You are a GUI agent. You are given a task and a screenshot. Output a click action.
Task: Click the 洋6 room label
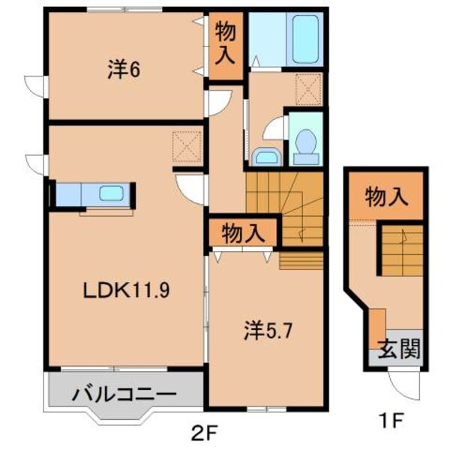[124, 70]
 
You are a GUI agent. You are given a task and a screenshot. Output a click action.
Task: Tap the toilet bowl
[305, 142]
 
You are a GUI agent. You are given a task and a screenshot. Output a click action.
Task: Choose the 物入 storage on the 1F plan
[385, 198]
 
